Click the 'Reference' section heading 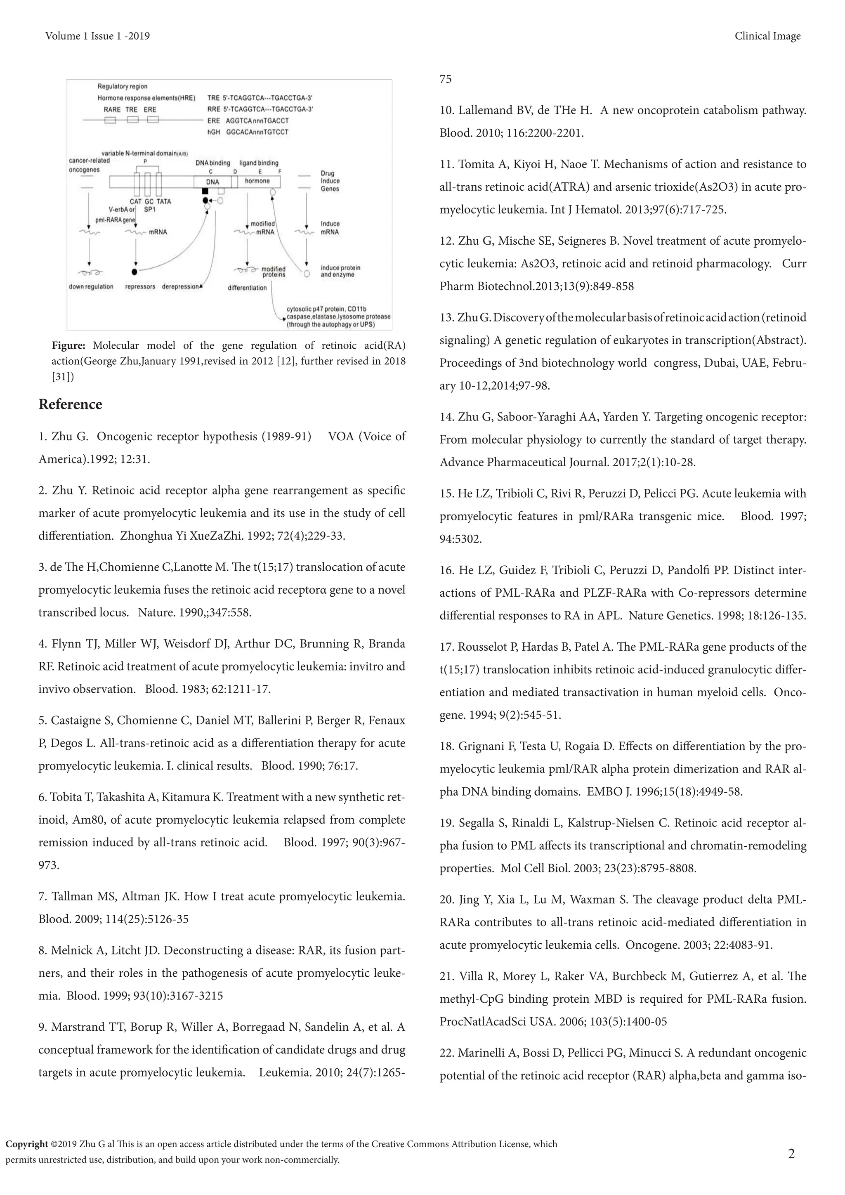click(x=70, y=404)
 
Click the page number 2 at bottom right click(x=791, y=1154)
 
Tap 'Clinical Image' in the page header click(x=767, y=36)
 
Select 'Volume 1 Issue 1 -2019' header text click(x=97, y=36)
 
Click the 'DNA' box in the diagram click(x=212, y=182)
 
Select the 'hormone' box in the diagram click(x=257, y=181)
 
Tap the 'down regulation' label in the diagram click(x=91, y=287)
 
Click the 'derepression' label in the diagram click(x=181, y=287)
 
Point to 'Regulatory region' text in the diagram click(x=122, y=86)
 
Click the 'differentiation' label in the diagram click(x=247, y=288)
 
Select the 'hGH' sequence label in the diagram click(x=213, y=132)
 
